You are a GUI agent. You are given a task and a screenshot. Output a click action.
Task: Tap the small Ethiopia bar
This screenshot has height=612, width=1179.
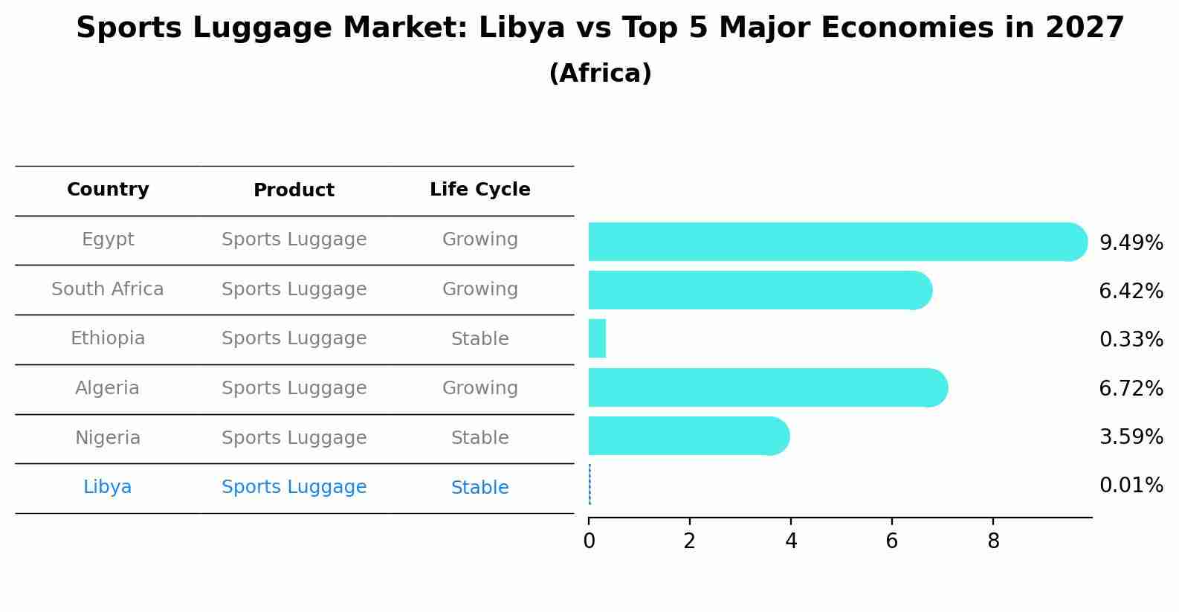tap(597, 338)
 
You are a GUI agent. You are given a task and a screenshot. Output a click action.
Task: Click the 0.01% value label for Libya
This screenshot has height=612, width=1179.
tap(1131, 486)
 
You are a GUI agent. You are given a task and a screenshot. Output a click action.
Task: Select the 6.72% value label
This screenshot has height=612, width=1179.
tap(1131, 388)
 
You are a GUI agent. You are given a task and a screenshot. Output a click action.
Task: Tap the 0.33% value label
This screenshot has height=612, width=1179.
tap(1131, 340)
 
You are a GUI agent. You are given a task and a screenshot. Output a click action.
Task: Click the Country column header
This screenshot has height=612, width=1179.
tap(108, 190)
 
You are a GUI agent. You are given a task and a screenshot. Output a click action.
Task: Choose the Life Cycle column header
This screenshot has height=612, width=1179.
tap(479, 190)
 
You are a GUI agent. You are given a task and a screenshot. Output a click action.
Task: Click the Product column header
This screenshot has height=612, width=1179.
tap(294, 190)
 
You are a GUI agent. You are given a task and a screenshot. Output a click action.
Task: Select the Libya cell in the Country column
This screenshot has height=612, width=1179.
tap(108, 487)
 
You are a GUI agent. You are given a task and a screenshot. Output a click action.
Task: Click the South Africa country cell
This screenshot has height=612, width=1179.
tap(108, 289)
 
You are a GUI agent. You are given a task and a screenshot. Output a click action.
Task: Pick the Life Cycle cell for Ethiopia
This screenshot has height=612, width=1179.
tap(479, 339)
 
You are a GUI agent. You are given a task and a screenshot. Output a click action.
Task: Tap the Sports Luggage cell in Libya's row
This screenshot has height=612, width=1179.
tap(294, 487)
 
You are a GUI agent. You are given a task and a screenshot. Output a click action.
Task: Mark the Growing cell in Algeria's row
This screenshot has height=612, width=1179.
tap(479, 388)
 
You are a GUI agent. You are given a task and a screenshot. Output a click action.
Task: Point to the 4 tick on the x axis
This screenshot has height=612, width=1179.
tap(791, 541)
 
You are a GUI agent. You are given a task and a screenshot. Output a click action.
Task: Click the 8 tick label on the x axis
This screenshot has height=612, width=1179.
tap(993, 541)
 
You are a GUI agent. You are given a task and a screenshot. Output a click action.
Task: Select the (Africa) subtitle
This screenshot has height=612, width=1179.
tap(600, 74)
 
